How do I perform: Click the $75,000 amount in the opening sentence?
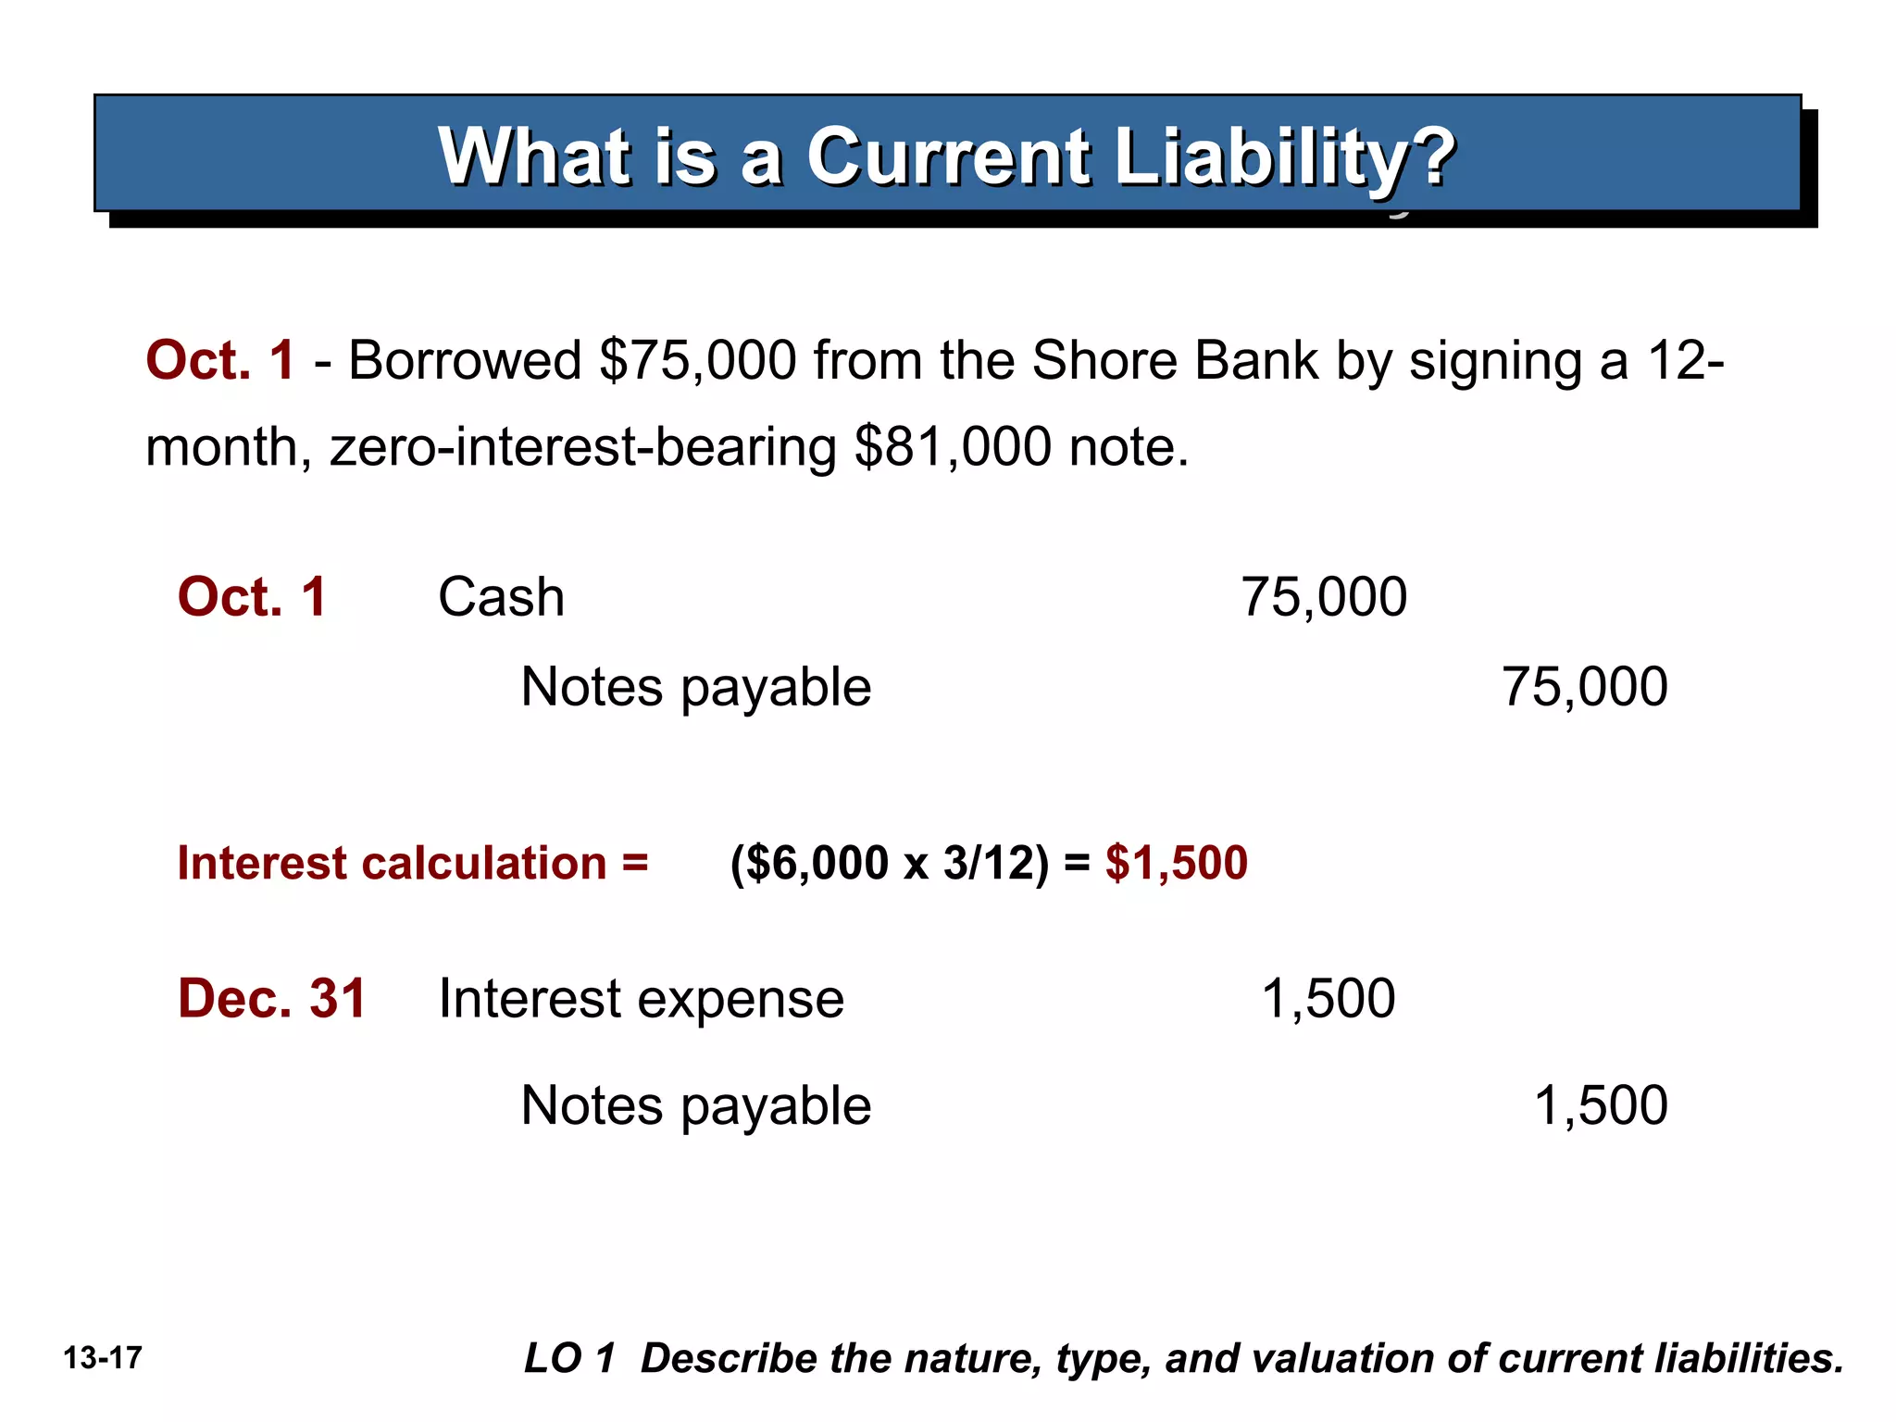click(x=698, y=360)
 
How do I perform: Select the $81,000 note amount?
click(x=953, y=447)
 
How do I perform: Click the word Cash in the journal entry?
click(x=501, y=597)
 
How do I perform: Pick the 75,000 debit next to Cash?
click(x=1323, y=597)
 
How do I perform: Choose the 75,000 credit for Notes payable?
click(x=1584, y=687)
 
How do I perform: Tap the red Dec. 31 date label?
click(x=272, y=999)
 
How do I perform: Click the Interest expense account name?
click(x=641, y=999)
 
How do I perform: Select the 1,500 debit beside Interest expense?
click(x=1328, y=999)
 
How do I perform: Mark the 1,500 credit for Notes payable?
click(x=1600, y=1105)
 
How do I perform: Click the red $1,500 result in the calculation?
click(x=1176, y=863)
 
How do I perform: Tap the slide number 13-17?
click(x=103, y=1358)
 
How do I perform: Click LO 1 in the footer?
click(x=569, y=1358)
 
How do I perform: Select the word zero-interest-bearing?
click(x=583, y=447)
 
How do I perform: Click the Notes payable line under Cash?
click(x=696, y=687)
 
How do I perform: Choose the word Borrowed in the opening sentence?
click(x=465, y=360)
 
